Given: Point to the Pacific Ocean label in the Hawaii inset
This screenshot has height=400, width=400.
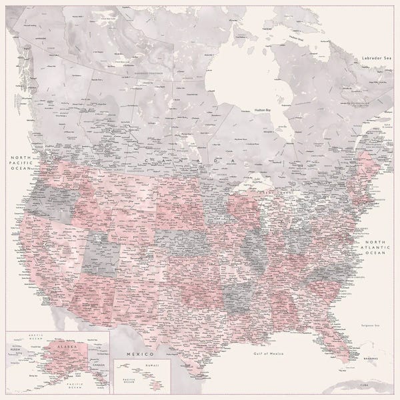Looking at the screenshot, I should click(x=125, y=381).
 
